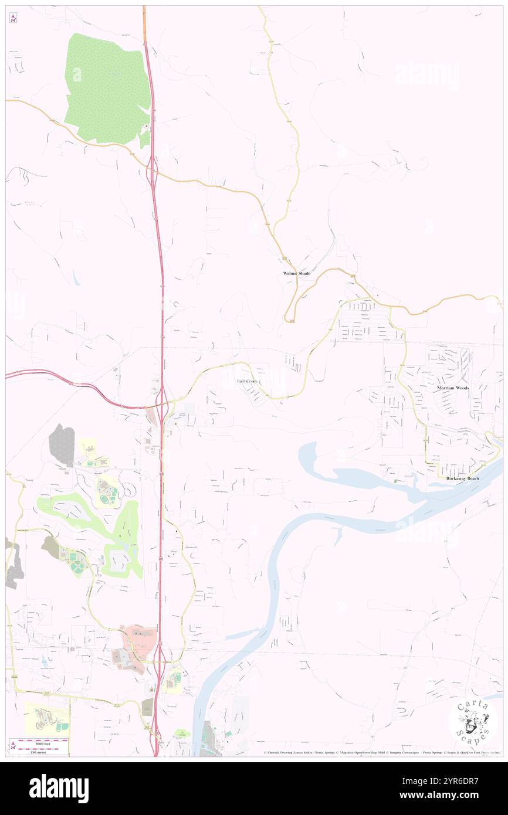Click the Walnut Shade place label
[296, 274]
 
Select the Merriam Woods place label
[454, 388]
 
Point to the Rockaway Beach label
[462, 478]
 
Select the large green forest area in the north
[106, 88]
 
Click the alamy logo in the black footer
[59, 788]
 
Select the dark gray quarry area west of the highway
[62, 444]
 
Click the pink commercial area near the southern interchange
[136, 645]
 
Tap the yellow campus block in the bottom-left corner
[47, 719]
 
